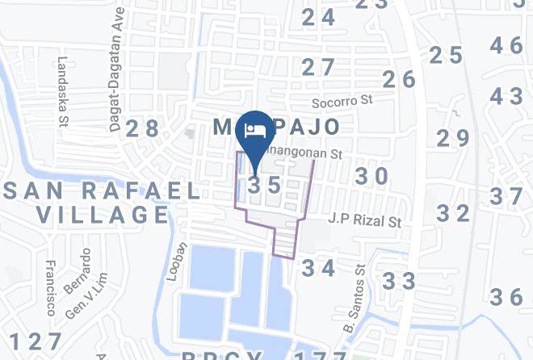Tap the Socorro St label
click(342, 103)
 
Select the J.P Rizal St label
click(364, 219)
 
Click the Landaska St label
click(62, 91)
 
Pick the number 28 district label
click(142, 128)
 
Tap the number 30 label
click(372, 176)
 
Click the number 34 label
click(318, 268)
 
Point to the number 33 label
click(399, 281)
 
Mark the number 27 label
click(318, 67)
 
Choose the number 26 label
click(399, 79)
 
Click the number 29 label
click(453, 138)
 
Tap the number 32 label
click(453, 213)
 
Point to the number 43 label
click(507, 96)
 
